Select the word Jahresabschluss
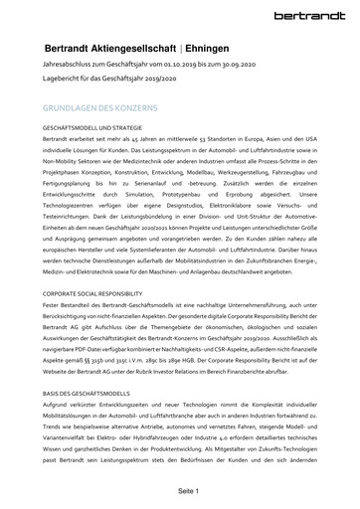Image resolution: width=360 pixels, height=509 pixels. click(x=69, y=66)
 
